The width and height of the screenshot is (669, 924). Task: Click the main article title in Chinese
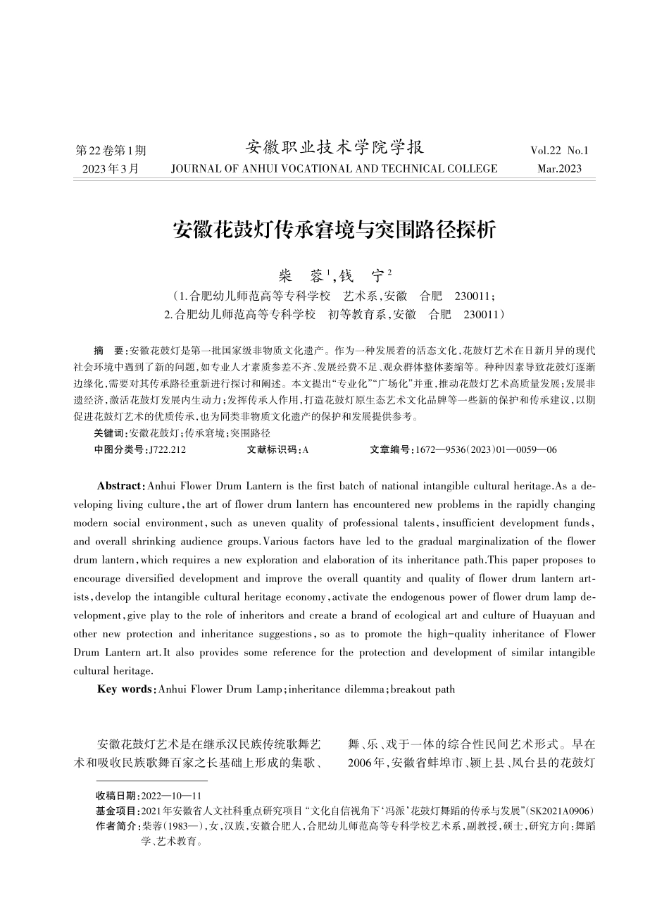click(x=334, y=230)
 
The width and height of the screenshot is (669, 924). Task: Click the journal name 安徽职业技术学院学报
click(x=334, y=148)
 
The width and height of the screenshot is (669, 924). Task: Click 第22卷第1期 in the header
click(x=111, y=151)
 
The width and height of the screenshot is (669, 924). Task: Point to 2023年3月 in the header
click(x=111, y=169)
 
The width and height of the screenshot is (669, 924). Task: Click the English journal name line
click(x=334, y=169)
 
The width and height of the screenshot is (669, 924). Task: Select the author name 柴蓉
click(x=299, y=275)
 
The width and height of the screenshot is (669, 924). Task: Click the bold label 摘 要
click(x=108, y=350)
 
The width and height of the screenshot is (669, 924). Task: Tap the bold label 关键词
click(x=110, y=433)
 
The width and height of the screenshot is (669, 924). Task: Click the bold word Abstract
click(x=120, y=486)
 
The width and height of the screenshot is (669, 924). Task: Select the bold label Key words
click(x=125, y=689)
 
